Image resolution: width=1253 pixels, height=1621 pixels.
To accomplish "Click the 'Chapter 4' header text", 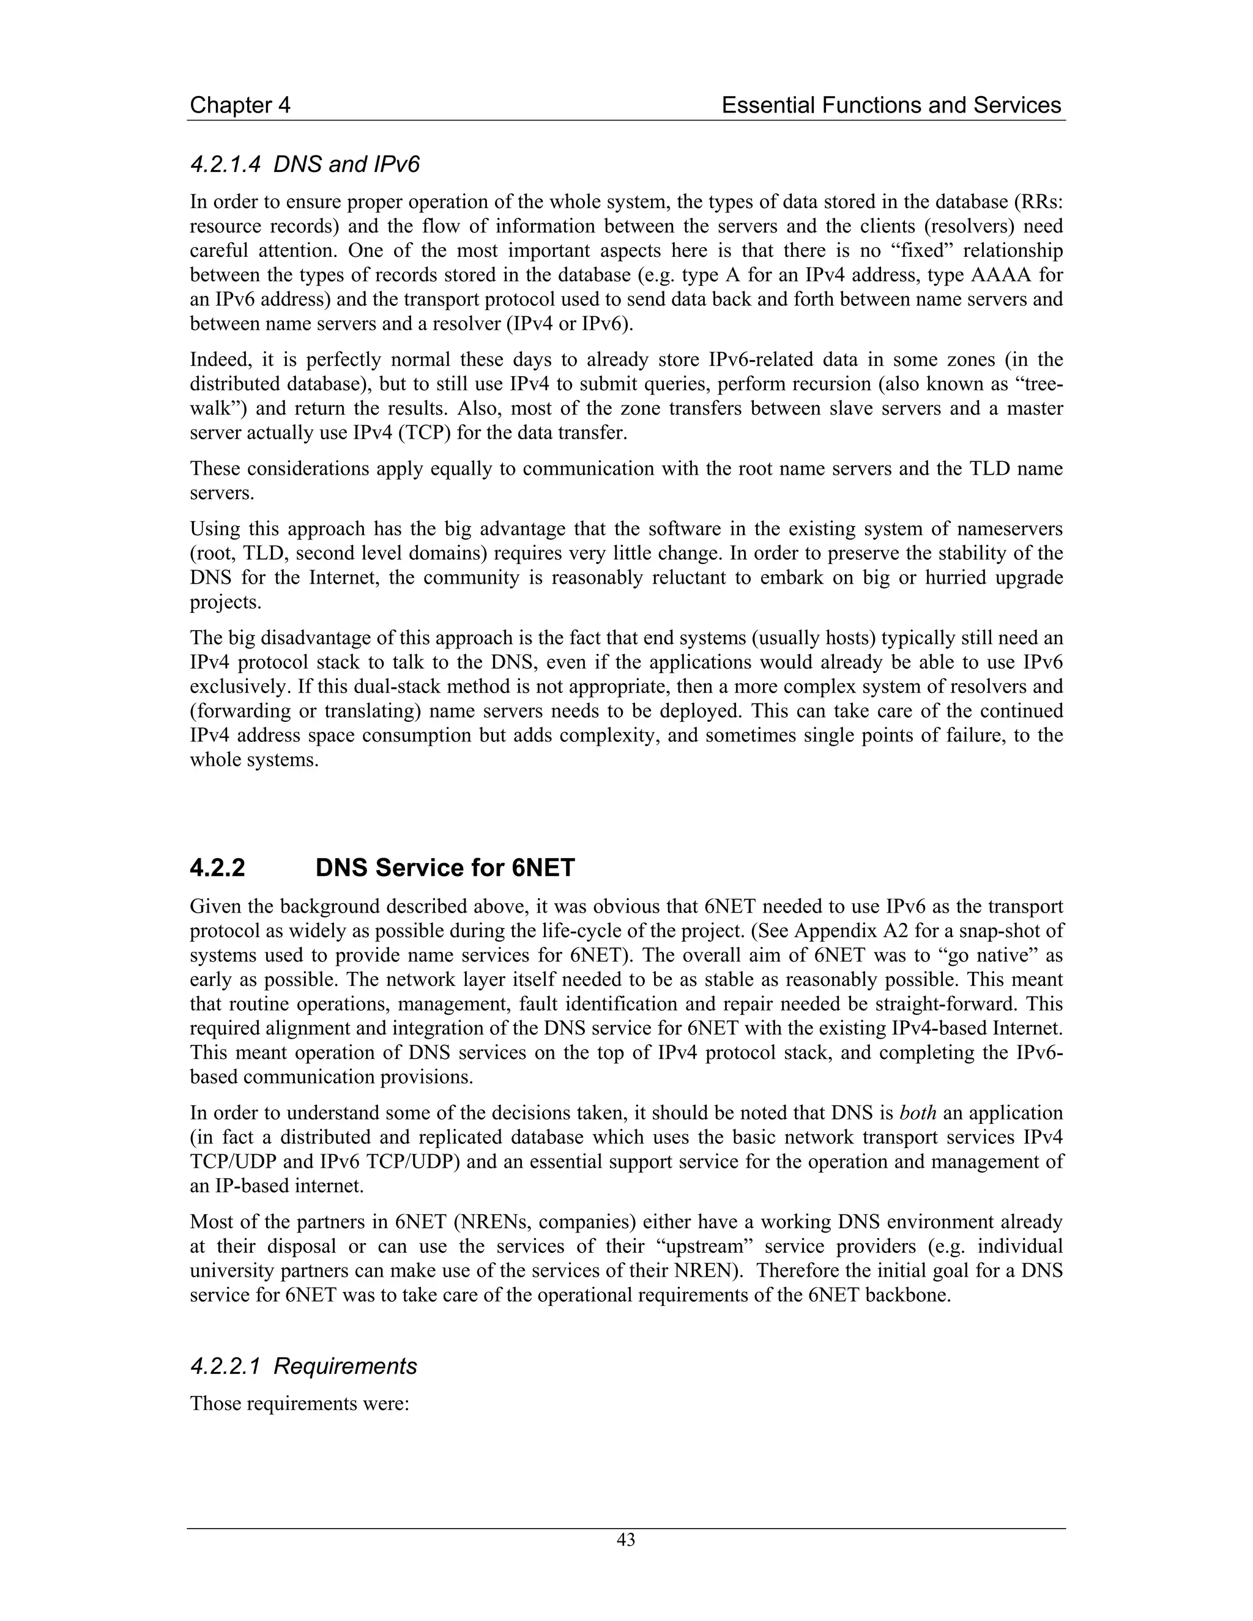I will tap(240, 105).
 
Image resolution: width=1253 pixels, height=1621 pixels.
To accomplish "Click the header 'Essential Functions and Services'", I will tap(891, 105).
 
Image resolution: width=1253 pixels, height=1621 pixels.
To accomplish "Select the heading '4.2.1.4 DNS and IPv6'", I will tap(304, 164).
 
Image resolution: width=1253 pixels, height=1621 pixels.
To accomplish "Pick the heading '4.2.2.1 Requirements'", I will tap(303, 1367).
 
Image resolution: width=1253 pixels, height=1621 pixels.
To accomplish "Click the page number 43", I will tap(626, 1540).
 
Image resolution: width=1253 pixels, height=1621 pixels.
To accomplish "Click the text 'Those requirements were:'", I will tap(300, 1404).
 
